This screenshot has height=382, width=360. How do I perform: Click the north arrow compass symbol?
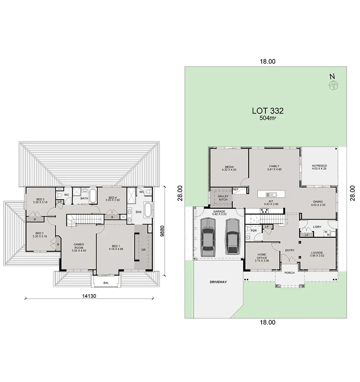coord(333,86)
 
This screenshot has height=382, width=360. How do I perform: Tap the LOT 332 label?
coord(268,111)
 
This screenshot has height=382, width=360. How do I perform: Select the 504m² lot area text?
coord(268,118)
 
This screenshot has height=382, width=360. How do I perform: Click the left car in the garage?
coord(208,237)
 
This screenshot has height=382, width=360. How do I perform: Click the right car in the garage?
coord(232,236)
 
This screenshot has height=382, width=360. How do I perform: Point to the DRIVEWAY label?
coord(218,282)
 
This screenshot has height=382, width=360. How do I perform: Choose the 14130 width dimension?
coord(89,296)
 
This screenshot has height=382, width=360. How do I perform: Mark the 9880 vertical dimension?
coord(163,231)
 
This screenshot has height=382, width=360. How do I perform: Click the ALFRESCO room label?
coord(319,166)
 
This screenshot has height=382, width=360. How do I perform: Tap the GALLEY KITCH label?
coord(223,198)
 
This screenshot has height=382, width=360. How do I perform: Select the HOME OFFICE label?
coord(262,256)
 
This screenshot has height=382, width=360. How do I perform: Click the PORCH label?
coord(289,273)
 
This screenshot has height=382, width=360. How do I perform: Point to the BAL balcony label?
coord(106,283)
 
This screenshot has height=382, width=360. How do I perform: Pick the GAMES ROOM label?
coord(79,246)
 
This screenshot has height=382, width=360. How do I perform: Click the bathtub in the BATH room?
coord(93,195)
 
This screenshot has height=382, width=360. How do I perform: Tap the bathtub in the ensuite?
coord(148,210)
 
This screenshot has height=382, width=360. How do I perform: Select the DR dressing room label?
coord(143,250)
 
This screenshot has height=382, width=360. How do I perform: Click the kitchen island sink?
coord(271,194)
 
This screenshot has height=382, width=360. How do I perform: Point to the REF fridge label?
coord(235,189)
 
